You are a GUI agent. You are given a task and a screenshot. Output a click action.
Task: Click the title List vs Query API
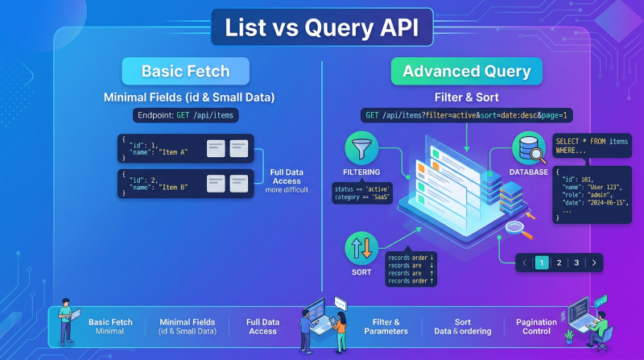(x=322, y=28)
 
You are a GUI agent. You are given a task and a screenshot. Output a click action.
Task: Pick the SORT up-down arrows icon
(x=361, y=248)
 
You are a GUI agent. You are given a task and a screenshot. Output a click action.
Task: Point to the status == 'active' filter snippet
(x=362, y=194)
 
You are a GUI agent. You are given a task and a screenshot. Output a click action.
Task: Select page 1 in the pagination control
(x=542, y=263)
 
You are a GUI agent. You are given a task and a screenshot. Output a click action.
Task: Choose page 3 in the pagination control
(x=576, y=263)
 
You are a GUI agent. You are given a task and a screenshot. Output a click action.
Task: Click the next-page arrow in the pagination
(x=594, y=263)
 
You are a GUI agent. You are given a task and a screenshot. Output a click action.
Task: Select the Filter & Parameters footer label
(x=380, y=326)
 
